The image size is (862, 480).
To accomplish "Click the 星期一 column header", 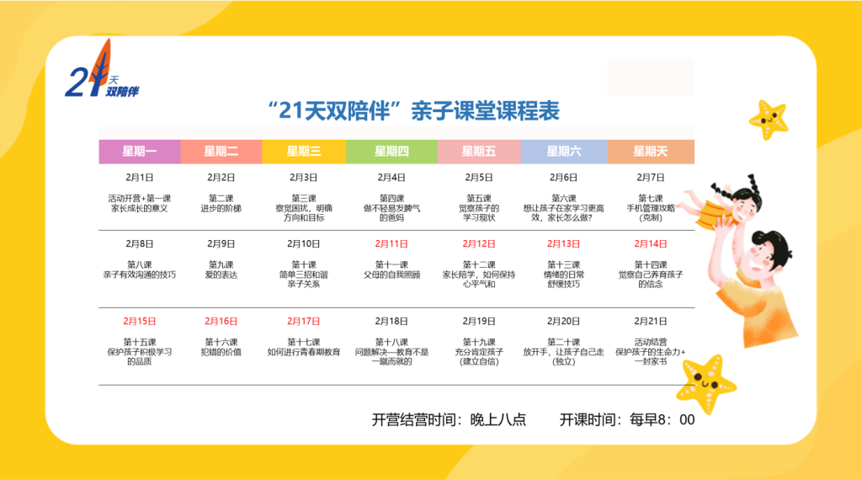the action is tap(140, 152).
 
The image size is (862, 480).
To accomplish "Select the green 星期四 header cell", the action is tap(391, 152).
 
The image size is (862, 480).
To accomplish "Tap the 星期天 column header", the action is tap(651, 152).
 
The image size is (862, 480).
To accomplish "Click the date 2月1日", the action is tap(140, 178).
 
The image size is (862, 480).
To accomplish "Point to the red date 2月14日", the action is tap(651, 243).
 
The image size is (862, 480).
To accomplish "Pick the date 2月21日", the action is tap(651, 321).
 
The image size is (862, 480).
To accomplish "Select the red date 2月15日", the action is tap(140, 321).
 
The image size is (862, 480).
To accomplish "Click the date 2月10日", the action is tap(303, 243).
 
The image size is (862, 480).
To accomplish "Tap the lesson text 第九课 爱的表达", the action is tap(221, 269).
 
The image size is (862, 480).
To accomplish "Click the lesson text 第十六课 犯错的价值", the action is tap(221, 347).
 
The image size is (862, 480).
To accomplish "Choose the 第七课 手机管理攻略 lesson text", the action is tap(651, 208).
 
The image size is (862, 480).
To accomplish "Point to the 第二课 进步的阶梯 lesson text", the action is tap(221, 203).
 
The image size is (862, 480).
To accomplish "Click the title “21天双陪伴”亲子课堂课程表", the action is tap(413, 110).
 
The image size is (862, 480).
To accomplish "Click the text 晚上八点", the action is tap(498, 419).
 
